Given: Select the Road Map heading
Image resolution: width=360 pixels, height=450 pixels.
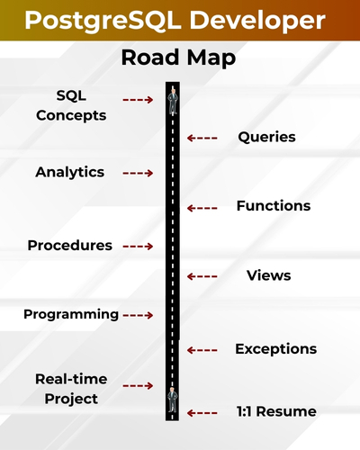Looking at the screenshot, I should (179, 58).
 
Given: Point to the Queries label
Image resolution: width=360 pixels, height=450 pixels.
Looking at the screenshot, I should (266, 138).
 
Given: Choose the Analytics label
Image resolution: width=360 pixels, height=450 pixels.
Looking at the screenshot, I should (70, 172).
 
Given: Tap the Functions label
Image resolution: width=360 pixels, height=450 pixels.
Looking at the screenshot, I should (273, 206).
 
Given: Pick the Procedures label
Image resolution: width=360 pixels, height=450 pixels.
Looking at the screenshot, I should (70, 246).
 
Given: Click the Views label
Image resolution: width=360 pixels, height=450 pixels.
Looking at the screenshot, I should (268, 275).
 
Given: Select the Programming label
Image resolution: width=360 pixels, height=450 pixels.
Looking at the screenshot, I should (71, 314).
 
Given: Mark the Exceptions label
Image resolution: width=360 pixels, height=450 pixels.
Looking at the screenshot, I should (275, 348).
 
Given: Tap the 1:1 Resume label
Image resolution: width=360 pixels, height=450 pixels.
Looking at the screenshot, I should (275, 411).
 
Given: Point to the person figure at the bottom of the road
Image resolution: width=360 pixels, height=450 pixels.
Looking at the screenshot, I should (172, 400).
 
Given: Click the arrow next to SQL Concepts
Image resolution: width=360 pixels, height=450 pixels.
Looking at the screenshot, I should (138, 100).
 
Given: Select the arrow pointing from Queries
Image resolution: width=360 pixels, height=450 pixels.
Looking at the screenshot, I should (202, 138).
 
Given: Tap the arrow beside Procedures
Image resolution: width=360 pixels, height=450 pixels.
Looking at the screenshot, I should (138, 246).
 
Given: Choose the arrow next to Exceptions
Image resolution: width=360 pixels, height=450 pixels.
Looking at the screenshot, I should (202, 349).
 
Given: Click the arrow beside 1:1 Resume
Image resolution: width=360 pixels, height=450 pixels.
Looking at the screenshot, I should (202, 412).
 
